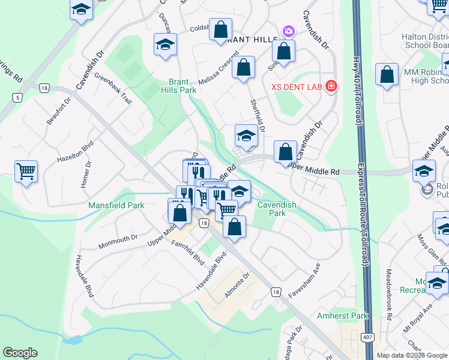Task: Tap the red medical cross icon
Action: click(330, 86)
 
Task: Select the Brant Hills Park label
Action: click(182, 86)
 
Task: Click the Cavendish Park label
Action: click(277, 208)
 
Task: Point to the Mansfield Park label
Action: click(116, 205)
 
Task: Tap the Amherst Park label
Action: click(342, 316)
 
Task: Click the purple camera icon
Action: click(288, 31)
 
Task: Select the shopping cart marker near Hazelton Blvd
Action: click(26, 172)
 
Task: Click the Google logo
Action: click(20, 353)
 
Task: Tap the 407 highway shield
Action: click(365, 338)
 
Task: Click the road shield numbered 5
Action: click(19, 97)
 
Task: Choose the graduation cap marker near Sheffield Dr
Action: click(246, 137)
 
